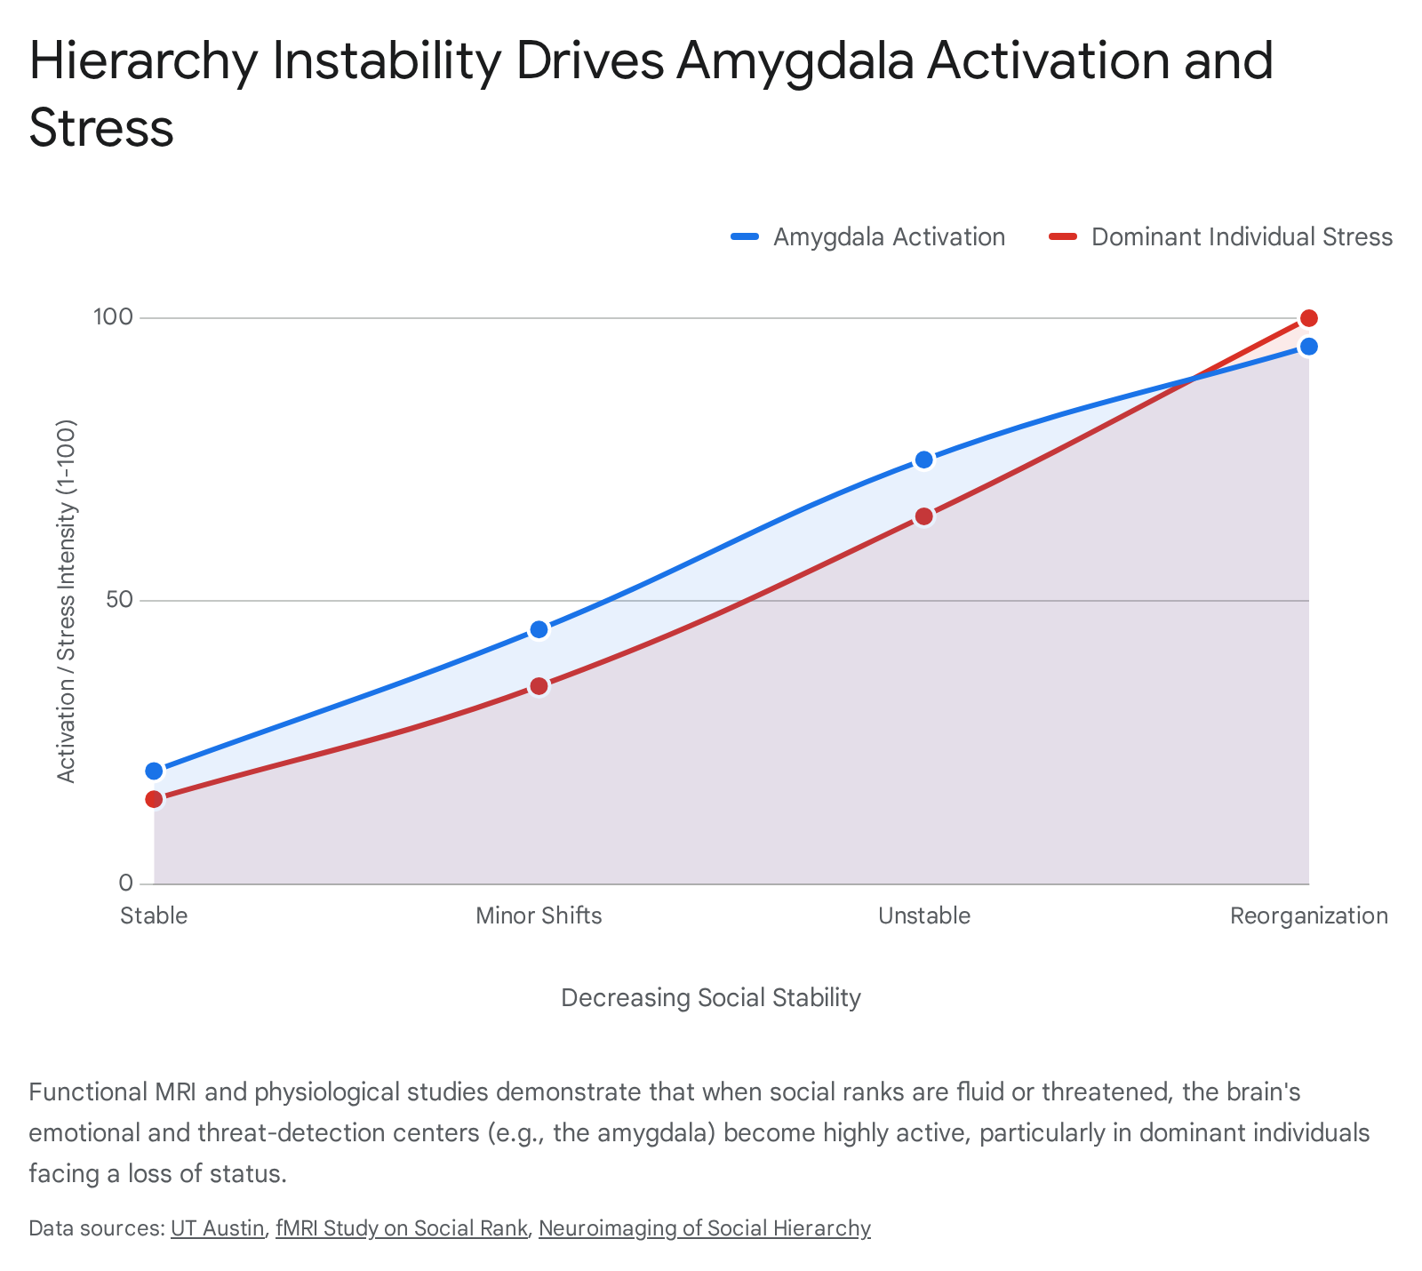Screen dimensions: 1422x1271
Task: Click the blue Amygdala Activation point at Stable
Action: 154,771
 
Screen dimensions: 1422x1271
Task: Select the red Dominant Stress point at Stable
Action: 154,799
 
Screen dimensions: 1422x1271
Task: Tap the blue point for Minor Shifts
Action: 539,629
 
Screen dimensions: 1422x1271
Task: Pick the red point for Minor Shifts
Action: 539,686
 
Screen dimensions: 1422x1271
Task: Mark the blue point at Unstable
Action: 924,460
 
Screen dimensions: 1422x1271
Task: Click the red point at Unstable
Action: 924,516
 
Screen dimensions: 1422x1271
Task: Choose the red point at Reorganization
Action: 1309,318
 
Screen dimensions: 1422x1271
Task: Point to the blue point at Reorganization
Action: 1309,347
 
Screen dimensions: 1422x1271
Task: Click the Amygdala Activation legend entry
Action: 867,237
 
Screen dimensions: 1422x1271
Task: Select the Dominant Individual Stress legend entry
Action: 1220,237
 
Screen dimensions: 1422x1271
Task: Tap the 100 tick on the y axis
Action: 114,317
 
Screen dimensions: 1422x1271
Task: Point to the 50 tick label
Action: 119,601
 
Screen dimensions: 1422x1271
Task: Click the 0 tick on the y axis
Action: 125,883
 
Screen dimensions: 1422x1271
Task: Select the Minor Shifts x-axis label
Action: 539,915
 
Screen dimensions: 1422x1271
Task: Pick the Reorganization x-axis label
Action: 1309,916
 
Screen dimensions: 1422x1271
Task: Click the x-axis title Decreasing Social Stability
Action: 711,998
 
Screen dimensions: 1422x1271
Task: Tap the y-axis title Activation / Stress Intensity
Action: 67,601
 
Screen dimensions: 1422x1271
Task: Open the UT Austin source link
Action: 218,1228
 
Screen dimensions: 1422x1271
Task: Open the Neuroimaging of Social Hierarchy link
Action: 705,1228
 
